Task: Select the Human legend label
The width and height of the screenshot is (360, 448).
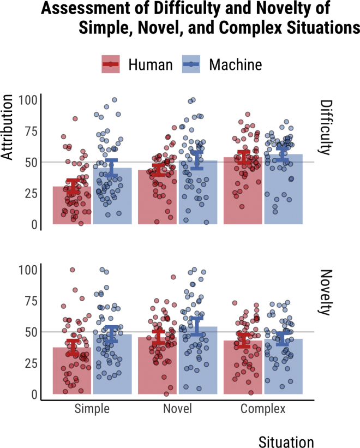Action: coord(151,65)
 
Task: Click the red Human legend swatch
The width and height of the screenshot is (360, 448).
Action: coord(111,65)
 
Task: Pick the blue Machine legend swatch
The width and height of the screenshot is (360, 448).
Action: coord(190,65)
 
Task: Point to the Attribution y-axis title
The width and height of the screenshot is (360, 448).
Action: coord(8,127)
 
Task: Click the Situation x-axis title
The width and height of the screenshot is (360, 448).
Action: coord(286,441)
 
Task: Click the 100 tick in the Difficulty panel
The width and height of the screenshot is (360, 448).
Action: coord(28,100)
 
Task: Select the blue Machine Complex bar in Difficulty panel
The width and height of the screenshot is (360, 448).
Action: coord(283,191)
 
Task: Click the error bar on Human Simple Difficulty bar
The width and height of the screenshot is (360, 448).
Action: coord(72,186)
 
